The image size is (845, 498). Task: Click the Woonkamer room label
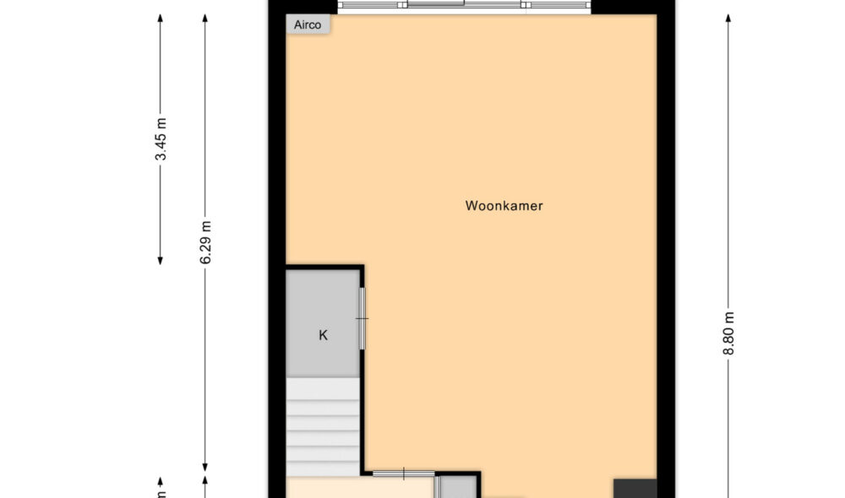[x=504, y=205]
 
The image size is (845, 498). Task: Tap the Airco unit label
[x=307, y=24]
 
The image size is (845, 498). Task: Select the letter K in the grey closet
[x=323, y=335]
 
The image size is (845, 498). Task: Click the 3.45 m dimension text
[x=161, y=140]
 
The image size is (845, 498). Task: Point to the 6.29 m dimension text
[x=205, y=243]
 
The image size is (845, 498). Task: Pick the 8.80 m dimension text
[x=729, y=334]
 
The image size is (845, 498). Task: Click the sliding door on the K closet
[x=363, y=318]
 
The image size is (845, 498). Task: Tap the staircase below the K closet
[x=323, y=426]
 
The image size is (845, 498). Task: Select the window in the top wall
[x=463, y=7]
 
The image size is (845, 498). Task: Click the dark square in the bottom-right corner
[x=635, y=489]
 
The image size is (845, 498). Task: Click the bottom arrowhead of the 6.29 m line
[x=205, y=467]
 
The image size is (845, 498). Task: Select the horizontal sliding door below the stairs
[x=404, y=474]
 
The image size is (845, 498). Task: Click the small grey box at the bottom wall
[x=459, y=488]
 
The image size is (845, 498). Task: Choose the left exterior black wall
[x=277, y=253]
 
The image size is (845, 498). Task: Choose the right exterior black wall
[x=666, y=253]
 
